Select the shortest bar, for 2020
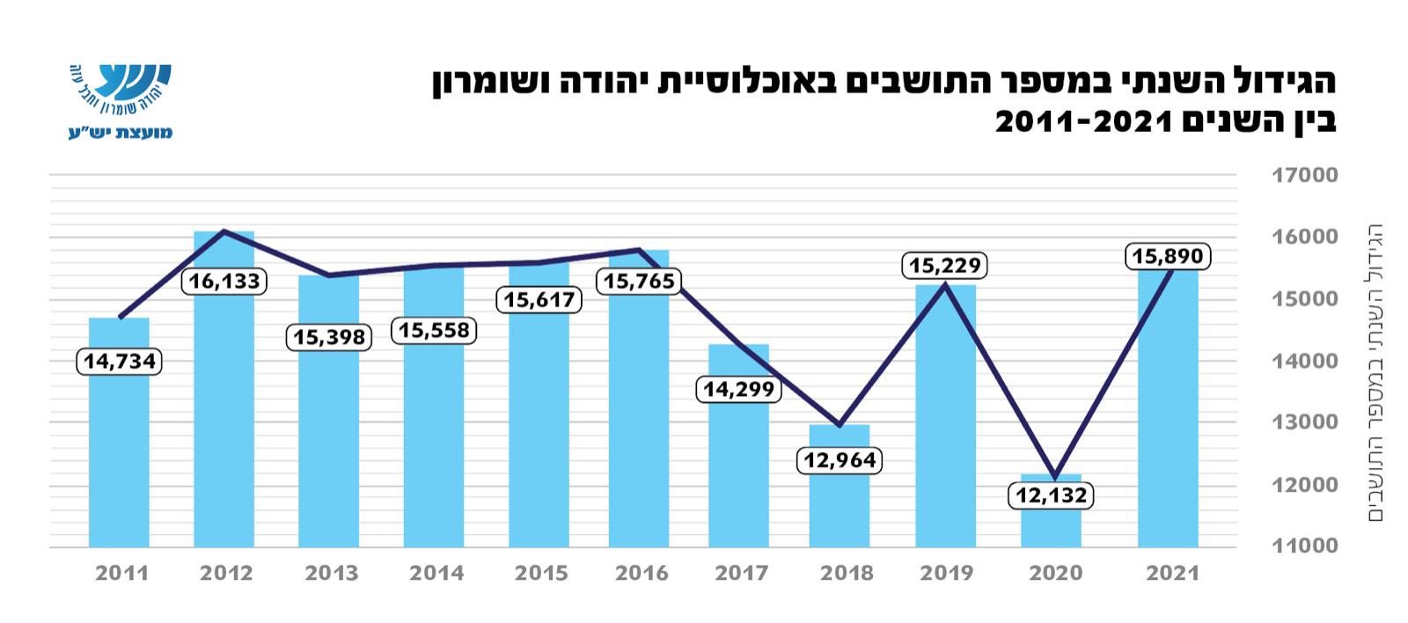[1051, 528]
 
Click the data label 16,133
[224, 282]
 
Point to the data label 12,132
[1052, 495]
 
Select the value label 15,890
[1168, 257]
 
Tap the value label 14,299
[738, 389]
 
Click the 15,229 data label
[945, 265]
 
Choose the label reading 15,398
[329, 338]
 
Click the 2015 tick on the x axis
[541, 574]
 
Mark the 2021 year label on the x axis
[1172, 574]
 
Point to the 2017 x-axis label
[742, 574]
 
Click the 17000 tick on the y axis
[1304, 175]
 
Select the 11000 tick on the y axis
[1304, 546]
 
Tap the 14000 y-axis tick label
[1304, 361]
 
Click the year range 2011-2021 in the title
[1082, 121]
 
